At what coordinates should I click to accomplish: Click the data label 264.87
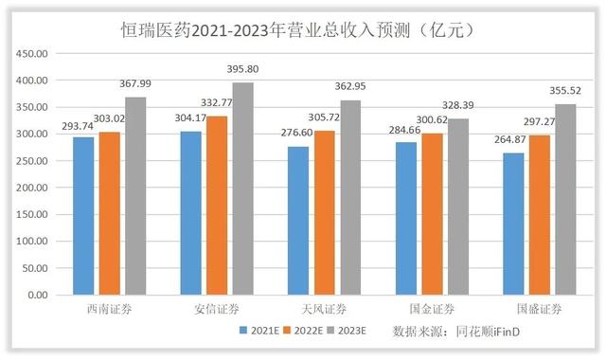coord(511,143)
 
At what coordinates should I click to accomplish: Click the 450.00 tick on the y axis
coord(37,54)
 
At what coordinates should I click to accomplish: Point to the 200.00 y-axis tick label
coord(37,188)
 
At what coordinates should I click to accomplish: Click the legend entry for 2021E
coord(260,332)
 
